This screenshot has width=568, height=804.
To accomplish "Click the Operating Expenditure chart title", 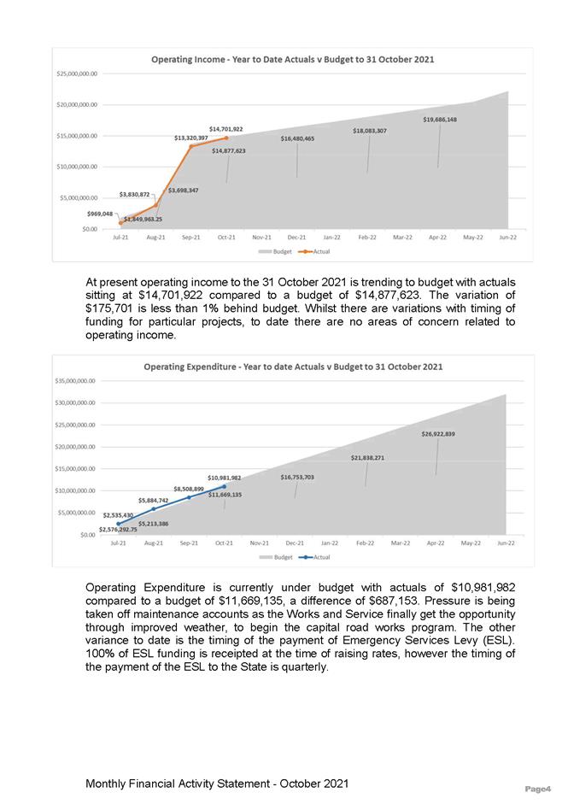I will coord(293,367).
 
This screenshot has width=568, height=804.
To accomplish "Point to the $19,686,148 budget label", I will coord(439,120).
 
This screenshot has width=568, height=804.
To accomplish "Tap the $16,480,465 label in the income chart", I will coord(297,138).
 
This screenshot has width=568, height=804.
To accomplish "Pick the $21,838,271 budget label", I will coord(368,458).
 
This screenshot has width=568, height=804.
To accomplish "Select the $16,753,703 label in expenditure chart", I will coord(297,477).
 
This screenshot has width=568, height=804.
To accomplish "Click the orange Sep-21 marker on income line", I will coord(190,146).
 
